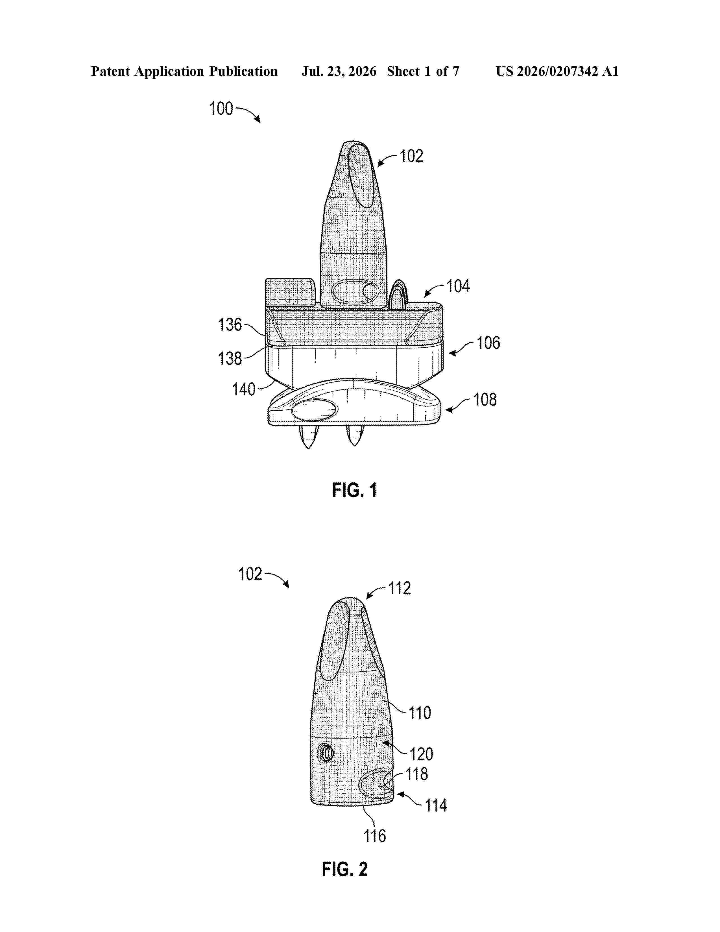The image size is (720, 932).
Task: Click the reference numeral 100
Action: (221, 108)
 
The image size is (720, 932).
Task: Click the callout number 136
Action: (230, 325)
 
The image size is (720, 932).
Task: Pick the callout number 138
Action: (230, 358)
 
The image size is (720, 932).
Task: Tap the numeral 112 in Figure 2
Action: (399, 589)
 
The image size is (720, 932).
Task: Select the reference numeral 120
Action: (422, 754)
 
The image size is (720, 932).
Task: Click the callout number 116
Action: (375, 836)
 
